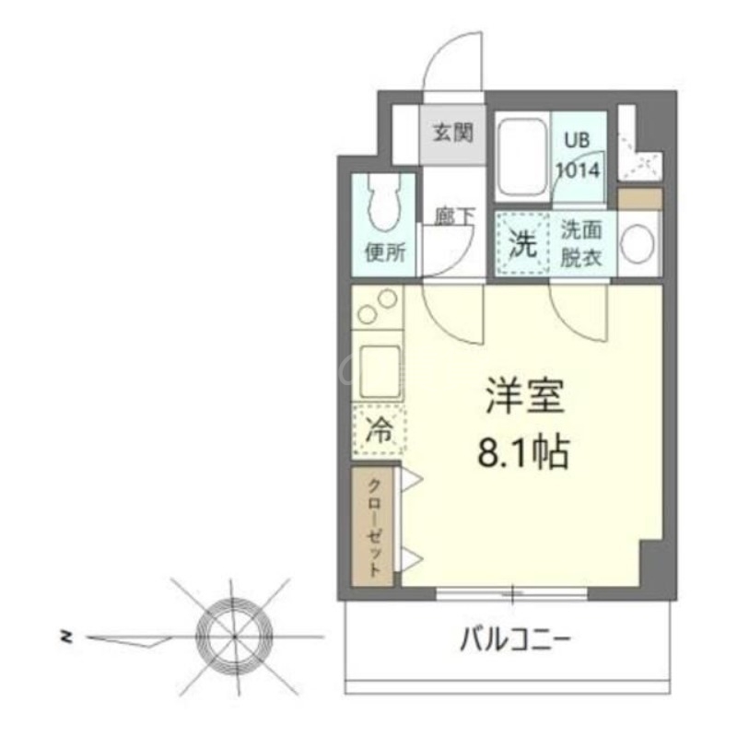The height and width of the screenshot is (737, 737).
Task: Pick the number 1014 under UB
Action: click(578, 170)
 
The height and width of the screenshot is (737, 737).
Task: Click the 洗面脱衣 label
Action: click(581, 244)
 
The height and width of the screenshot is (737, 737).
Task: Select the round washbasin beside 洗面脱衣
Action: click(638, 243)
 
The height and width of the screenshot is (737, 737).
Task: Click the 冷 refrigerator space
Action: click(379, 430)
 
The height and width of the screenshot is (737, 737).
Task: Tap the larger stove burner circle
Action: click(388, 299)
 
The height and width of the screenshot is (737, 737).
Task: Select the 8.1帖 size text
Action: click(523, 452)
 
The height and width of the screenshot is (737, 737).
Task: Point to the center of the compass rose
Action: click(235, 636)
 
